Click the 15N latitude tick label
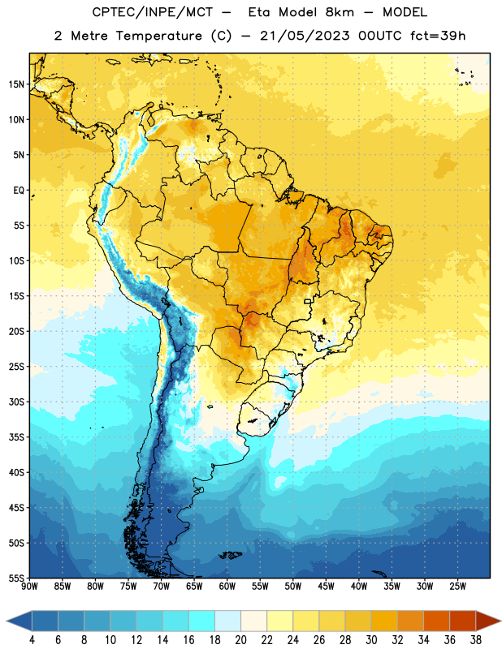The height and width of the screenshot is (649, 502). click(16, 84)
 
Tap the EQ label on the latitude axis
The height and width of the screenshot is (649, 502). click(19, 191)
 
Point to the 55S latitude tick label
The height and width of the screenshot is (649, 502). click(16, 578)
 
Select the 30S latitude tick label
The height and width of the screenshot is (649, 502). click(16, 402)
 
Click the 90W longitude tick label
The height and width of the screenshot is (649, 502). click(29, 586)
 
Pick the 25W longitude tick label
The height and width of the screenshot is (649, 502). click(457, 586)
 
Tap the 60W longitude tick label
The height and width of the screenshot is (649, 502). click(227, 586)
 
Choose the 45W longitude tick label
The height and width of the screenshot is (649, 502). click(326, 586)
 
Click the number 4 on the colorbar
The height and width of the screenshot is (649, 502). click(32, 640)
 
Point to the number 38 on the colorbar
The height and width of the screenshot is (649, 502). click(476, 640)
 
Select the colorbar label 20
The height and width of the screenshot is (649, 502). click(240, 640)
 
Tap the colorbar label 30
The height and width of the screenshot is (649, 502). click(371, 640)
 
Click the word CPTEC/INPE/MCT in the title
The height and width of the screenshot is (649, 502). click(153, 12)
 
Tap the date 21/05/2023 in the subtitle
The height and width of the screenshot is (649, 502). click(305, 36)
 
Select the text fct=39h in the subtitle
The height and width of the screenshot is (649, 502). click(438, 36)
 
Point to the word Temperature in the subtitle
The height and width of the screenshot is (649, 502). click(158, 36)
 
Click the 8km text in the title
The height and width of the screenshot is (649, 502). click(340, 12)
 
